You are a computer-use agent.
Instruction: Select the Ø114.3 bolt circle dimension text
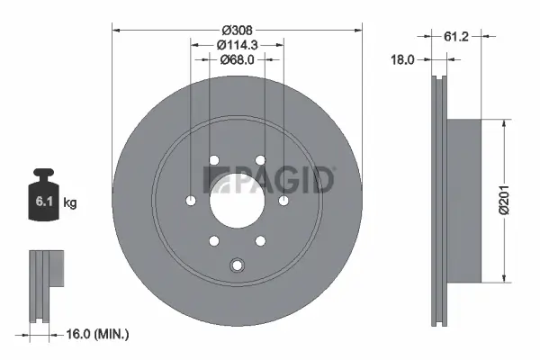(x=238, y=44)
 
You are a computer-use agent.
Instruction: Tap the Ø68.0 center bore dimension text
(x=237, y=60)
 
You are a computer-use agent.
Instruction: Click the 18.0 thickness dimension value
(x=402, y=61)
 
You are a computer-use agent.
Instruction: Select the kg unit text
(x=70, y=202)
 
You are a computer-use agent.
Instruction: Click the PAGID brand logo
(x=270, y=180)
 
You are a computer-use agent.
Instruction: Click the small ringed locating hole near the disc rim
(x=238, y=265)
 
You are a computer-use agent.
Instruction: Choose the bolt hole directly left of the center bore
(x=192, y=200)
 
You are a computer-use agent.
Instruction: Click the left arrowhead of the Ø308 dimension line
(x=114, y=30)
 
